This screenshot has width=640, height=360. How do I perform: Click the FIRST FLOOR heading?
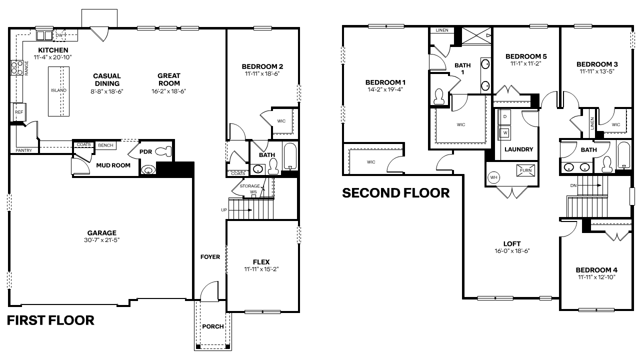pos(50,320)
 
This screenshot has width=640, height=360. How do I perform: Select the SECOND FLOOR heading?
pos(395,192)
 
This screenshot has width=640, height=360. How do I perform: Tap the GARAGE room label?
pos(102,232)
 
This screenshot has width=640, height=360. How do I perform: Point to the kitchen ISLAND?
pos(59,90)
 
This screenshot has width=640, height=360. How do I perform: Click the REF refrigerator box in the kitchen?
pos(19,112)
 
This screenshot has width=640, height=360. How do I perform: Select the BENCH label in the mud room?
pos(105,145)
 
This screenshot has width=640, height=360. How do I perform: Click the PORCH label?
pos(212,326)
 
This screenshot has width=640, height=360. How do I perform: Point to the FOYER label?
pos(210,257)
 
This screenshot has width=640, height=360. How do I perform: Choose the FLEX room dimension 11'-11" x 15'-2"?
pos(261,269)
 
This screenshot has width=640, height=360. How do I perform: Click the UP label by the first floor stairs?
pos(223,210)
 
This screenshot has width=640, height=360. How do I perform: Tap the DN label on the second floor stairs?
pos(573,185)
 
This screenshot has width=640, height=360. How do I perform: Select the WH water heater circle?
pos(494,177)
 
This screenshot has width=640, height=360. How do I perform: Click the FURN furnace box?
pos(525,170)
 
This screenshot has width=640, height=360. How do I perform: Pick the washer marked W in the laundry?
pos(504,132)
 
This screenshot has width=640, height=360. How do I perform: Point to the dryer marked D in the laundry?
pos(504,117)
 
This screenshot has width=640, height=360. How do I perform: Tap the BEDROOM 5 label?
pos(526,56)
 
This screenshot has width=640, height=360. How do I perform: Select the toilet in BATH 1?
pos(439,96)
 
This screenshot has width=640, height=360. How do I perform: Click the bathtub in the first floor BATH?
pos(290,156)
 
